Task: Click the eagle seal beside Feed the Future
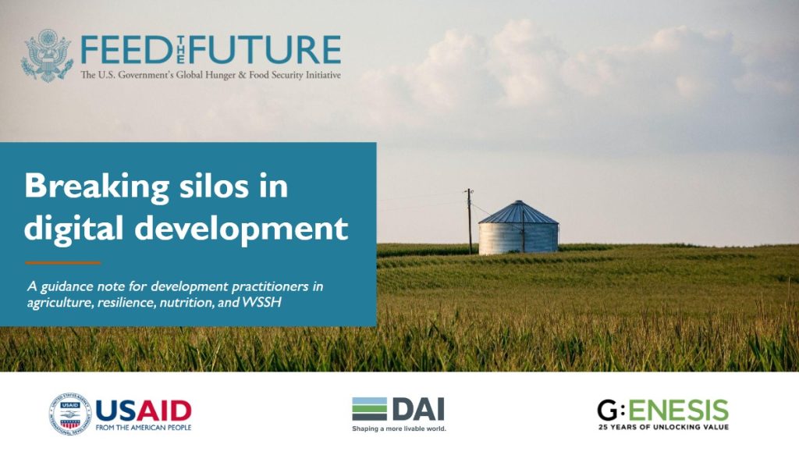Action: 47,56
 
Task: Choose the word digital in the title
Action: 69,228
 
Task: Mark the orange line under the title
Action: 62,262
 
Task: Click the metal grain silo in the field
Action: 518,237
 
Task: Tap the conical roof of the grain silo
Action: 518,212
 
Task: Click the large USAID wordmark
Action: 144,410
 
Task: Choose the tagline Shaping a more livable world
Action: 398,428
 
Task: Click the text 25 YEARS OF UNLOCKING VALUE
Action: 662,427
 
